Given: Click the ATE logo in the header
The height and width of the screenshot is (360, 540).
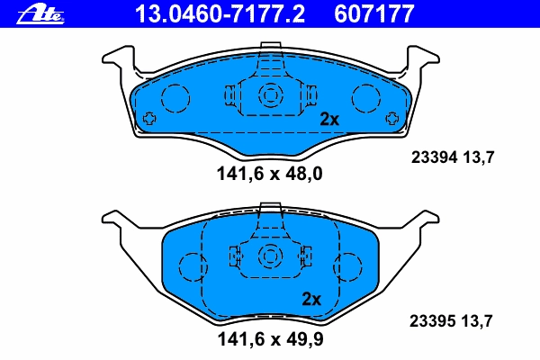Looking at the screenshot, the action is point(40,14).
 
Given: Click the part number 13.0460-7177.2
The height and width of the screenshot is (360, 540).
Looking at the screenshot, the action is point(220,13).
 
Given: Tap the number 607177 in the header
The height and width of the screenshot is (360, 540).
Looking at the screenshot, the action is point(373,13).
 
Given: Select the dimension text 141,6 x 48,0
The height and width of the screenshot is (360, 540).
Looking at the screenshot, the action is point(270,174).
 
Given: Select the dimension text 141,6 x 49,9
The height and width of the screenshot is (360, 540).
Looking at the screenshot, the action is point(270,339).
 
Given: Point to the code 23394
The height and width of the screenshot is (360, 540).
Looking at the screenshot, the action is point(435,157).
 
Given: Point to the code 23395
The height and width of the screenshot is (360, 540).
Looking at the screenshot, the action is point(433,321).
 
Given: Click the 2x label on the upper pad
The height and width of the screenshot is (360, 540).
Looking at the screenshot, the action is point(329,119).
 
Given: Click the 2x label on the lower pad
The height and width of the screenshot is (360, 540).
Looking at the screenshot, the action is point(311,299).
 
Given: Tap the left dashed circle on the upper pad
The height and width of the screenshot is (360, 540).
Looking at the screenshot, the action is point(175,98).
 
